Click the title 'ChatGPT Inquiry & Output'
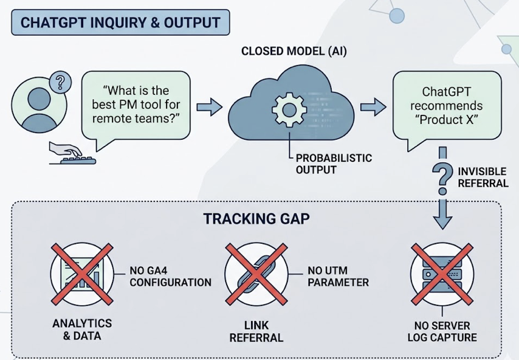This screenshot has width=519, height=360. coord(120,22)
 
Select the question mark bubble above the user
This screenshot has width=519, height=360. coord(60,82)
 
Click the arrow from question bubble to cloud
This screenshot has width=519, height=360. coord(209,108)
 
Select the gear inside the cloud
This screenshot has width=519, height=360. coord(285,109)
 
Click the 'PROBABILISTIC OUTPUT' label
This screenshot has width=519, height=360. coord(334,164)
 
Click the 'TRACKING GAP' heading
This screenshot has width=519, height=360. coord(256,219)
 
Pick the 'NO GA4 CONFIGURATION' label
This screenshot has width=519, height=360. coord(170,277)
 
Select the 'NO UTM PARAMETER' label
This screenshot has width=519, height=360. coord(339,277)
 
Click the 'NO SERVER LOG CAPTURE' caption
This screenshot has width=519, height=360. coord(442,331)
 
